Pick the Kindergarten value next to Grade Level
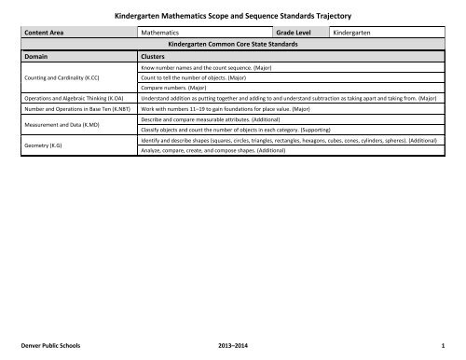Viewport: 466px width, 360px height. tap(358, 31)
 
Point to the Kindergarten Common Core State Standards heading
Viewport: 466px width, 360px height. tap(236, 43)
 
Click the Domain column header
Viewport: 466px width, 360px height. tap(37, 56)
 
